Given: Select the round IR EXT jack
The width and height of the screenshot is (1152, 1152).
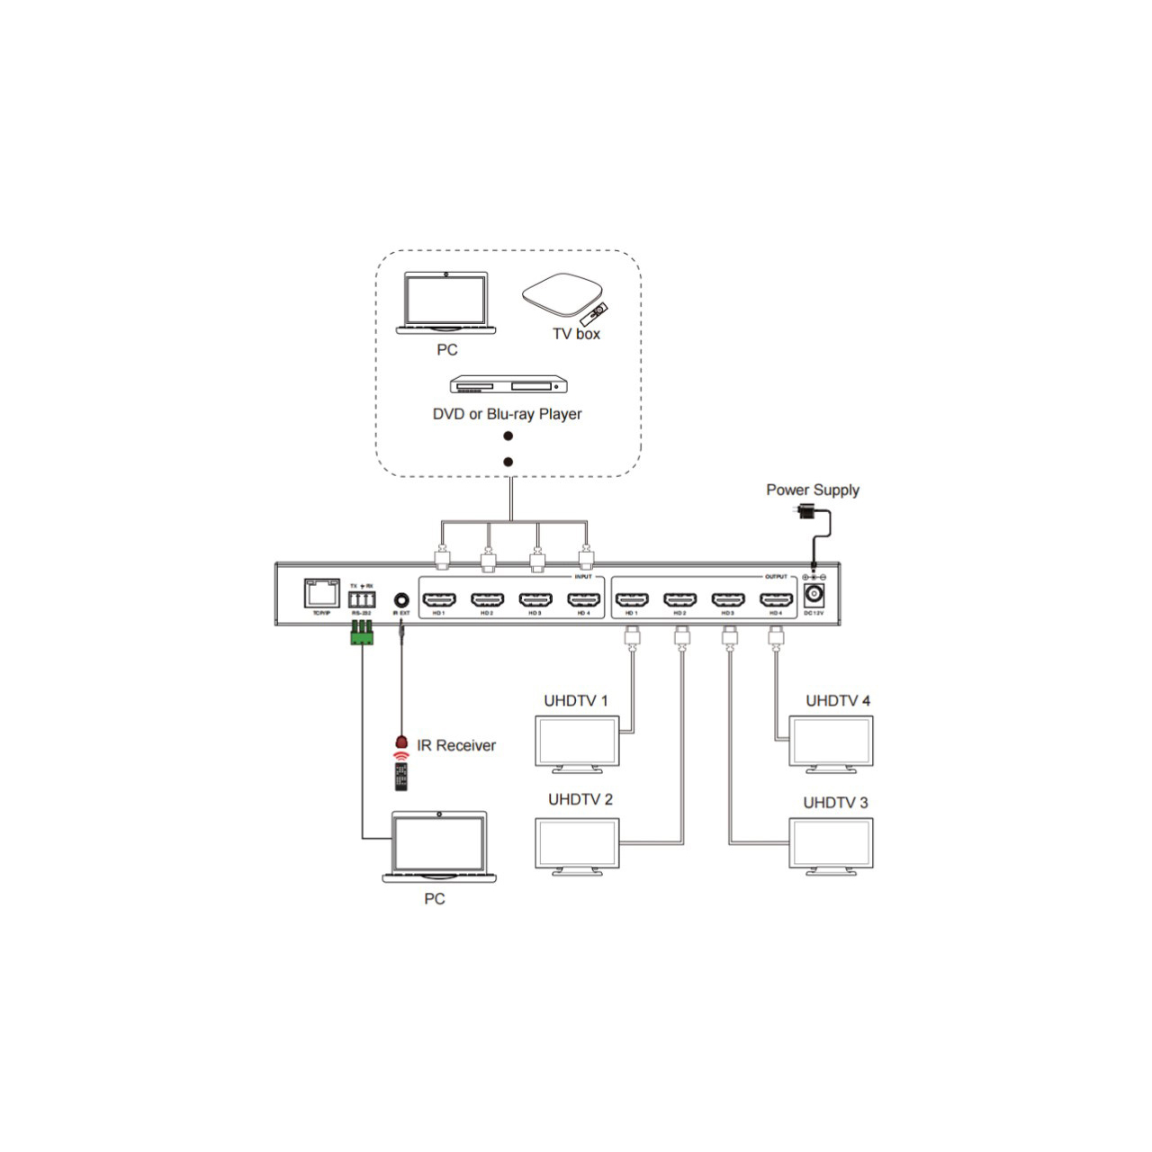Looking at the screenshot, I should point(401,598).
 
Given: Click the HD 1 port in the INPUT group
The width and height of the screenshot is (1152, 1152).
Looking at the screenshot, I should point(439,599).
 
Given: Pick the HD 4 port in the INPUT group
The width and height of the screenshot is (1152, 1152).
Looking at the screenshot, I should point(583,599).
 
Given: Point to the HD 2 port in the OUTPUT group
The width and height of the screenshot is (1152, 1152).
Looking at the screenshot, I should point(679,599).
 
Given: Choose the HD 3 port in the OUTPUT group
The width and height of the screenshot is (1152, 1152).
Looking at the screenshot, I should point(727,599).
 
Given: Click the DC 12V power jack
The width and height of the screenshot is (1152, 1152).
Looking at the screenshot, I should point(814,595).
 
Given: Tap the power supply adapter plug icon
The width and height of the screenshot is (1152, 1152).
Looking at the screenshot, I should point(806,511).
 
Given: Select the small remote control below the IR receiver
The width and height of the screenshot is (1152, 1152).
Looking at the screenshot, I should point(401,777).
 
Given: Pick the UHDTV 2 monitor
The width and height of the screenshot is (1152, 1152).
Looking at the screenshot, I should point(577,844).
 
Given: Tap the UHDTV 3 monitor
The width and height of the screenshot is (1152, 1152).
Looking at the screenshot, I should point(831,844).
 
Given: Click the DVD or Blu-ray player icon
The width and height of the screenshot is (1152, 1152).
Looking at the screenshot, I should point(508,385).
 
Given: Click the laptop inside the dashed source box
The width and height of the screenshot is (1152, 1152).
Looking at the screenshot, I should point(445,302).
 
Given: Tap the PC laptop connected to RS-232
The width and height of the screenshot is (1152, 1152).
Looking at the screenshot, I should point(439,846).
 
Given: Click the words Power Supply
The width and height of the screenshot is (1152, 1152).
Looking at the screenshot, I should point(812,490).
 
